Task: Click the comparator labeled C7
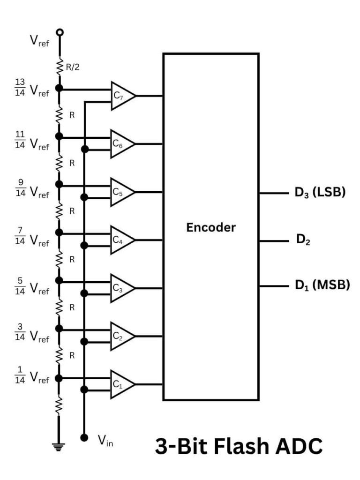pos(121,96)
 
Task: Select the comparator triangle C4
pos(121,240)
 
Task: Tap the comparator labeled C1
pos(121,384)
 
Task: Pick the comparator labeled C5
pos(121,192)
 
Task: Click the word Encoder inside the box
pos(211,228)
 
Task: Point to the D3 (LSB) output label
pos(320,193)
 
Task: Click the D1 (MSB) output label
pos(322,285)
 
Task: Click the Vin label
pos(105,440)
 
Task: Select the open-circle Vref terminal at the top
pos(59,32)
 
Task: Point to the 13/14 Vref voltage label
pos(32,88)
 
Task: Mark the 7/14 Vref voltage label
pos(32,237)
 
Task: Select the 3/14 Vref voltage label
pos(32,331)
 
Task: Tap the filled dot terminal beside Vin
pos(84,437)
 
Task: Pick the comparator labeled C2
pos(121,336)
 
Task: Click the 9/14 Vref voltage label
pos(32,187)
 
